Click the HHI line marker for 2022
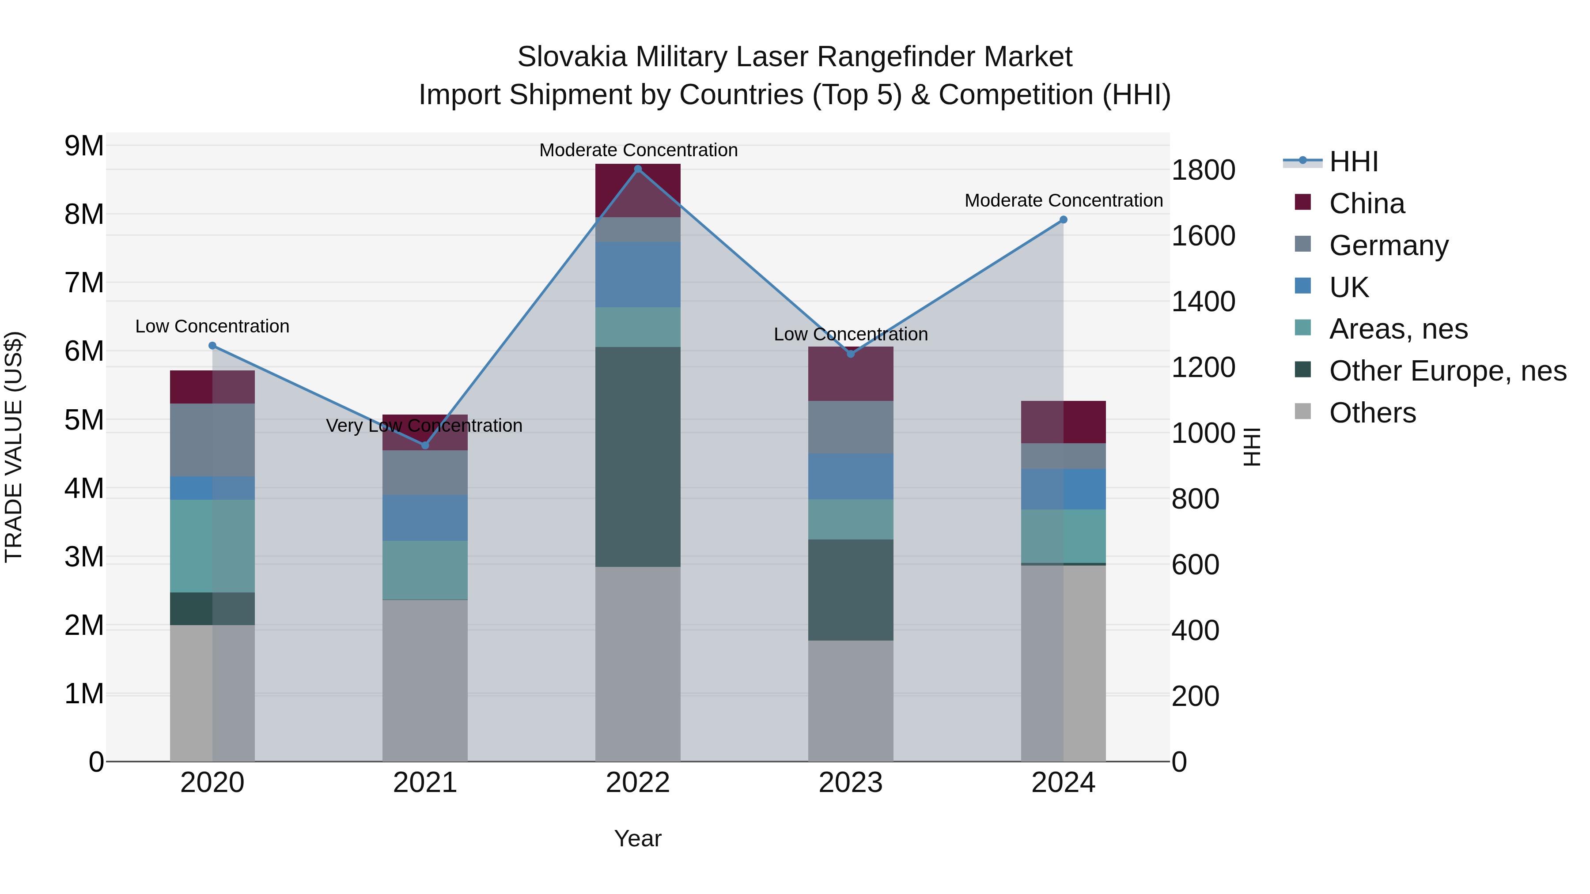(638, 169)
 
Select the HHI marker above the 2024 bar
(1063, 220)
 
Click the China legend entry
(1366, 204)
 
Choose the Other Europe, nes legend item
(1447, 371)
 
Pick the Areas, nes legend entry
(1397, 329)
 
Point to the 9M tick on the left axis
(84, 146)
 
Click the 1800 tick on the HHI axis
(1203, 170)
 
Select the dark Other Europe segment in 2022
(638, 456)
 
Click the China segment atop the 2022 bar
(638, 190)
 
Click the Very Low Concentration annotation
(424, 426)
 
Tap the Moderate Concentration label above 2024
(1063, 200)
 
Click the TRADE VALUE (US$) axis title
(14, 447)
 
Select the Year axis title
(638, 838)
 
